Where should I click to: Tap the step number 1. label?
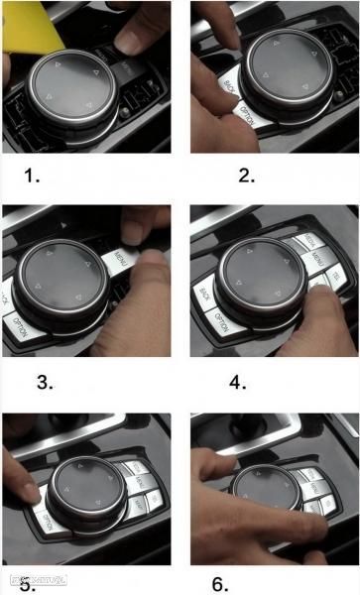(x=33, y=176)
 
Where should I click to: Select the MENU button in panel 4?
(x=317, y=260)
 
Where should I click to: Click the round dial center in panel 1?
(x=71, y=84)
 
